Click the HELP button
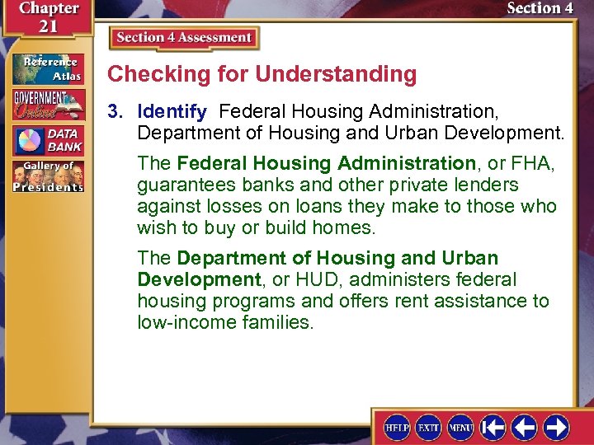(398, 428)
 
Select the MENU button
(460, 428)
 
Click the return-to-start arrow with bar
(493, 428)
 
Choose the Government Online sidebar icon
(48, 105)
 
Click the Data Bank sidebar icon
(48, 140)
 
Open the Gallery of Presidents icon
(48, 176)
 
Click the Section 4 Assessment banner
(183, 38)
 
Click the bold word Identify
(172, 110)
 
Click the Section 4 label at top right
(540, 8)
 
